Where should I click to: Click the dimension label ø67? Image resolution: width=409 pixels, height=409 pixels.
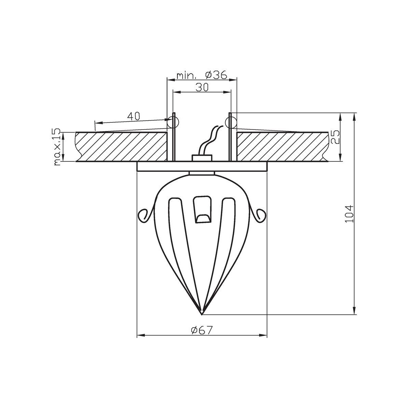coord(202,330)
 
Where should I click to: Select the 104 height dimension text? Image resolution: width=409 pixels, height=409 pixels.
coord(350,214)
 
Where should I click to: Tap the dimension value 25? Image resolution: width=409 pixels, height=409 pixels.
coord(335,137)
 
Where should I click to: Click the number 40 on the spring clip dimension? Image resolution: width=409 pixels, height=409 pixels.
coord(134,116)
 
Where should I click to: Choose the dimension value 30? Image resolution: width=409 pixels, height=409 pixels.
coord(202,87)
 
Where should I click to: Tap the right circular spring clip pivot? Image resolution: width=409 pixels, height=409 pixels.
coord(230,121)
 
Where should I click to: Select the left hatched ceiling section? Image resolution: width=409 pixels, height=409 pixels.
coord(121,147)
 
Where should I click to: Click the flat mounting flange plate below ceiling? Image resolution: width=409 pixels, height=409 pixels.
coord(202,166)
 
